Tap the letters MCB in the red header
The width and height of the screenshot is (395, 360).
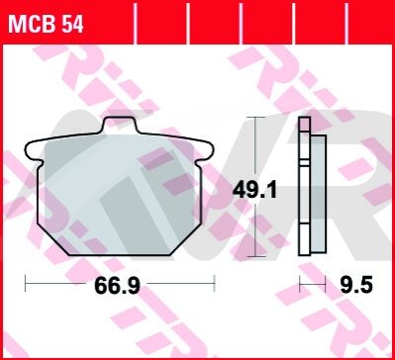[33, 25]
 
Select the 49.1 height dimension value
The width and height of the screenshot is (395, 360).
[254, 191]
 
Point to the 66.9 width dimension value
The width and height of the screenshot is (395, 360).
[117, 286]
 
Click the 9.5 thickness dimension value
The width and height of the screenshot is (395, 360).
[356, 285]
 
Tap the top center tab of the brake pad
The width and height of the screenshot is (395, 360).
[120, 126]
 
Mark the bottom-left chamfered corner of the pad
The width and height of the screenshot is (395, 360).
[53, 239]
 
